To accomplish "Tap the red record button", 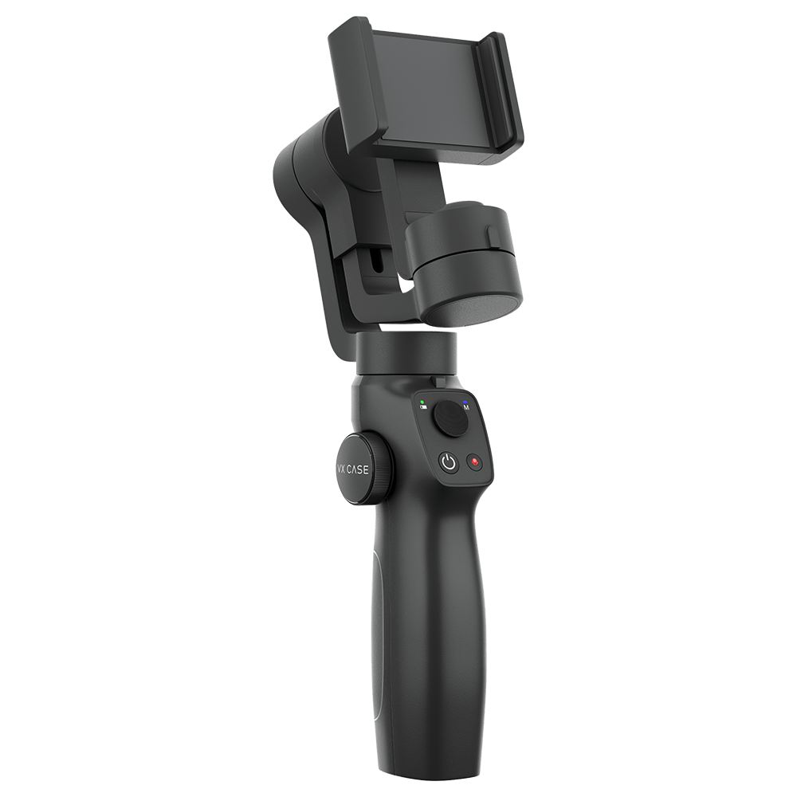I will tap(477, 461).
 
